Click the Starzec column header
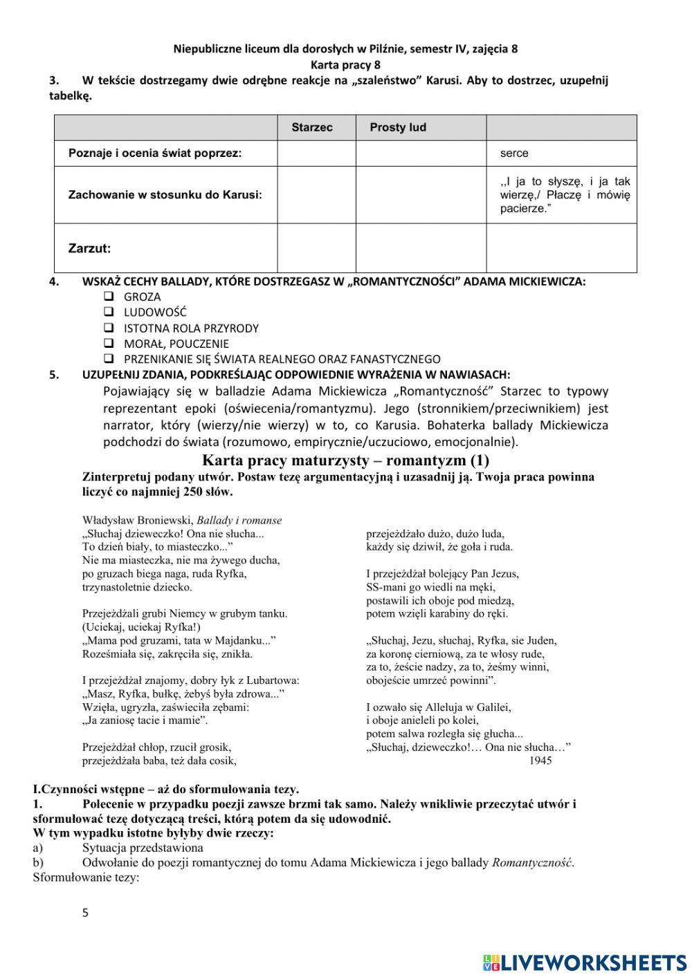[311, 128]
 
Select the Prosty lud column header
[398, 128]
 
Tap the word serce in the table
[514, 153]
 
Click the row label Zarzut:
[89, 248]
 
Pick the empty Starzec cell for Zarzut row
[316, 248]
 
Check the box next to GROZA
[109, 297]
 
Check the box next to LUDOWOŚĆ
[109, 313]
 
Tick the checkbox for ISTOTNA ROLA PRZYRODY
[109, 328]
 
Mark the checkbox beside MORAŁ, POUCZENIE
[109, 344]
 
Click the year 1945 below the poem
[540, 761]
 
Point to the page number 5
[85, 913]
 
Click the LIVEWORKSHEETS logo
[585, 962]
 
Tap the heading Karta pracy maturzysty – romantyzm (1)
[345, 460]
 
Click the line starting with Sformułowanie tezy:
[86, 877]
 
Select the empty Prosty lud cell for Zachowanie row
[421, 195]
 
